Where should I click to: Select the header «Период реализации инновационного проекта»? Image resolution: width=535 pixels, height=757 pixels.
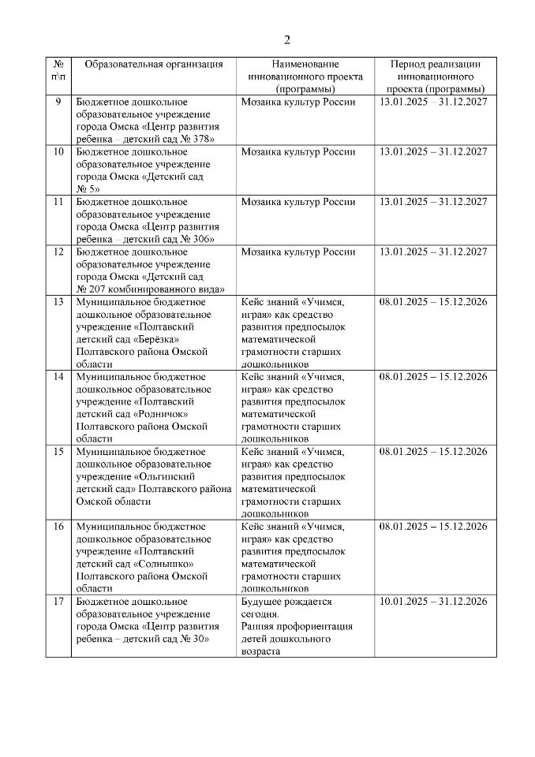click(x=436, y=76)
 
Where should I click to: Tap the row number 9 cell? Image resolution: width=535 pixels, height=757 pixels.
click(x=58, y=102)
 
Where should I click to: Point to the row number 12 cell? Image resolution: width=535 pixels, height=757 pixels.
click(x=58, y=252)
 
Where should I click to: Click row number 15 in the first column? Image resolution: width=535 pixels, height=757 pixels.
click(x=58, y=452)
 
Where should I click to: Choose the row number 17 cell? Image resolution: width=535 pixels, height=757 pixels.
click(x=58, y=602)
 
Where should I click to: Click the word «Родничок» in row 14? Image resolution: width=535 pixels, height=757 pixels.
click(x=176, y=414)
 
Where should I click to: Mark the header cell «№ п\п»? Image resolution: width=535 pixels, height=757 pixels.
click(x=58, y=70)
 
